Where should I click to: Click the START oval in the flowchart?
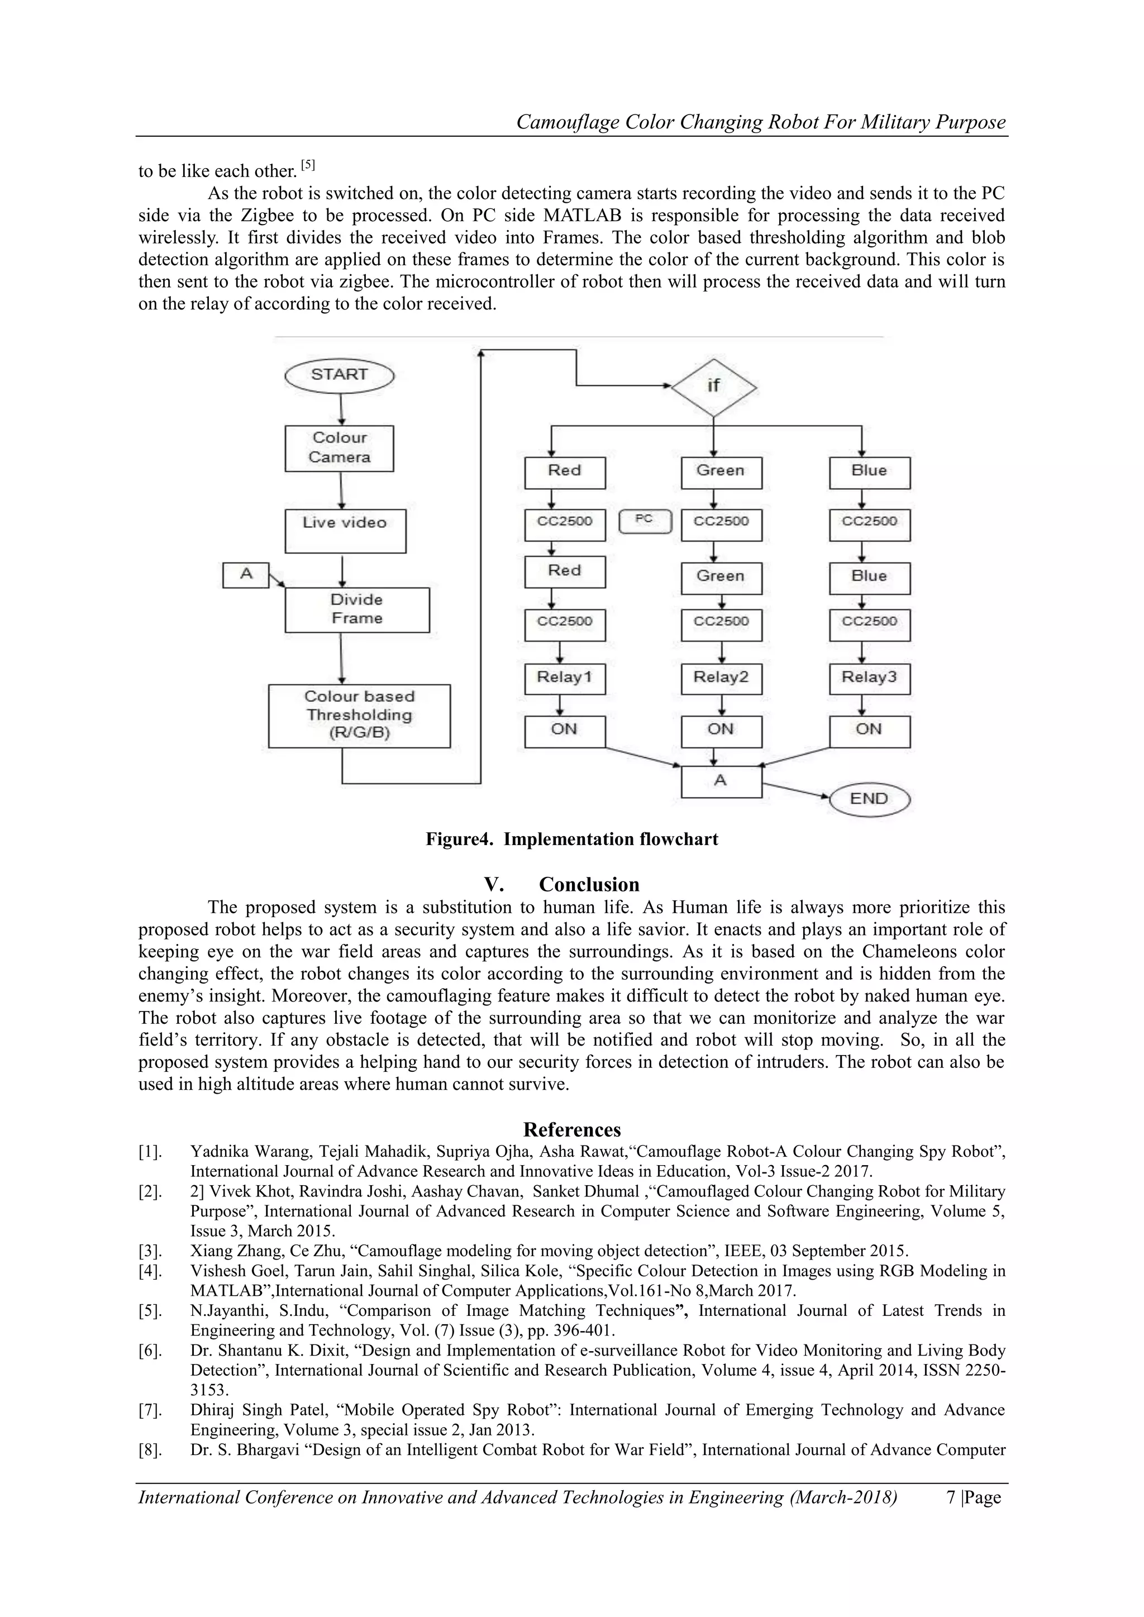tap(340, 375)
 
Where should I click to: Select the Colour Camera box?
tap(340, 448)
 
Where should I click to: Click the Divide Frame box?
tap(357, 609)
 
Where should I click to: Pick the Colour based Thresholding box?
tap(359, 715)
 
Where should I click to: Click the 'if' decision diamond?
tap(713, 387)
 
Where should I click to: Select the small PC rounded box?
tap(645, 521)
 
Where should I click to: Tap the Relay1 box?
tap(565, 678)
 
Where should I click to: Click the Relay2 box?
tap(721, 678)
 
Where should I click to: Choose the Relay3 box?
tap(869, 678)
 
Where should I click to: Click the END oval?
tap(869, 799)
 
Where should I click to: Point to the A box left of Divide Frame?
tap(246, 575)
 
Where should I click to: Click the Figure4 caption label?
tap(571, 839)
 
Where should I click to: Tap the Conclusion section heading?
tap(589, 885)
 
